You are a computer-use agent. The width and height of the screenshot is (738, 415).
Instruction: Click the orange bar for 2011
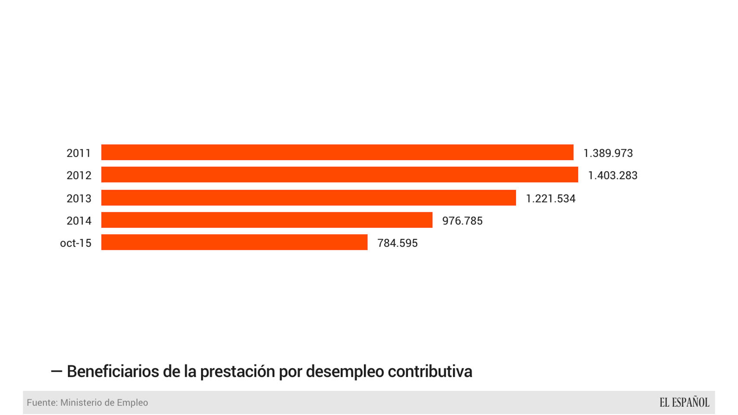pos(337,152)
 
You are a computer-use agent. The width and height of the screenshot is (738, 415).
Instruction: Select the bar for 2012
pos(340,175)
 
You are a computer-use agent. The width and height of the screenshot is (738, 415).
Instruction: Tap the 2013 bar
pos(308,198)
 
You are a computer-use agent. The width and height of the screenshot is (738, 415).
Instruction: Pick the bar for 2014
pos(266,220)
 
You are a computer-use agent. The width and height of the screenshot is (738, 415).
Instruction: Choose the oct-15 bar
pos(234,242)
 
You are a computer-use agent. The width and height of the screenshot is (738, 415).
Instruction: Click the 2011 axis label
pos(79,153)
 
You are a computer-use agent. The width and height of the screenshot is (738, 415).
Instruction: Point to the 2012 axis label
pos(79,176)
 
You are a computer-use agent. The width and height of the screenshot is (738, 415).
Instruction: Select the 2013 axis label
pos(79,198)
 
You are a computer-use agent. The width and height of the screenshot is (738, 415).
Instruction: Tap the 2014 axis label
pos(79,221)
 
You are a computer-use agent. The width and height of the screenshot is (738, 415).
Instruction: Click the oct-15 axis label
pos(76,243)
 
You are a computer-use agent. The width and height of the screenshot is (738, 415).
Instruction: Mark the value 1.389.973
pos(608,153)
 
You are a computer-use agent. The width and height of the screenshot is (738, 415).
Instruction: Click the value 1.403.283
pos(613,176)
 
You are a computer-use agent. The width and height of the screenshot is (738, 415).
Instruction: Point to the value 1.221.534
pos(550,198)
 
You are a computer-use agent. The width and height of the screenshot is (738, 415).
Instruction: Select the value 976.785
pos(462,221)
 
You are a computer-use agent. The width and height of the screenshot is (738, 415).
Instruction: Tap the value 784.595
pos(397,243)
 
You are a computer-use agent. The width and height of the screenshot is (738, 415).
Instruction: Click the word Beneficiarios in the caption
pos(113,371)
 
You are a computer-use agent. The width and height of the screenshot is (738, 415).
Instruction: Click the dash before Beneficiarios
pos(56,371)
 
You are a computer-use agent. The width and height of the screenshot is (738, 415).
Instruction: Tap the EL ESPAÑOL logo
pos(684,402)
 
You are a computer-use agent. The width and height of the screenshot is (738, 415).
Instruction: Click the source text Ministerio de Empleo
pos(104,402)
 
